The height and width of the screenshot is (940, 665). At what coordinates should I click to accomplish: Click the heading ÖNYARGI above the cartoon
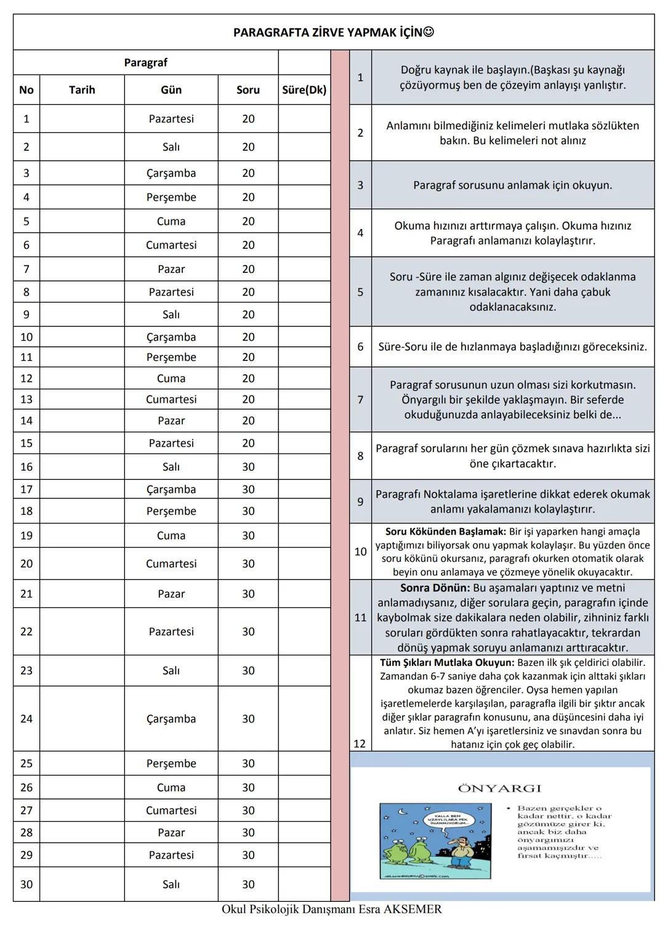[499, 788]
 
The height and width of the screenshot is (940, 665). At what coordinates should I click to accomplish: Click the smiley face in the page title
[429, 32]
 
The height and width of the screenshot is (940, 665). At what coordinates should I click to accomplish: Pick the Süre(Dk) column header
[304, 90]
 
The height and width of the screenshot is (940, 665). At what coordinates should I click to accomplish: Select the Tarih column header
[82, 90]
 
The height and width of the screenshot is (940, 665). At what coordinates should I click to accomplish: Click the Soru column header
[248, 90]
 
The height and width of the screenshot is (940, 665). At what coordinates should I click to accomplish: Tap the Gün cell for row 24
[171, 719]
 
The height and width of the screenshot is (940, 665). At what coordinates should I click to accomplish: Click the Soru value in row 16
[248, 467]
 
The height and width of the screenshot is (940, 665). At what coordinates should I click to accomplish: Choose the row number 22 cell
[26, 631]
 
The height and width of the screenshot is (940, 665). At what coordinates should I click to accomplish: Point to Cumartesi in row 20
[171, 564]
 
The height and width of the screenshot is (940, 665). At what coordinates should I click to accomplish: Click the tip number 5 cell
[360, 292]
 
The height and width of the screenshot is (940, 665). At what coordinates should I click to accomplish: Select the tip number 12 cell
[360, 743]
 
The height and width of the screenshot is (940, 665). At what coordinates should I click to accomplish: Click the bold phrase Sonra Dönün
[435, 588]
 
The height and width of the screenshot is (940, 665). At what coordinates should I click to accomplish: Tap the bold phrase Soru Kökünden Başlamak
[445, 532]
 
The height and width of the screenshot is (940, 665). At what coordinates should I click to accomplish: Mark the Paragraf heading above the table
[145, 63]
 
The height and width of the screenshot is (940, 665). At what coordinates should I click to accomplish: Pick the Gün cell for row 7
[171, 269]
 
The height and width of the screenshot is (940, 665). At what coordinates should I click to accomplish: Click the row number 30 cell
[26, 885]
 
